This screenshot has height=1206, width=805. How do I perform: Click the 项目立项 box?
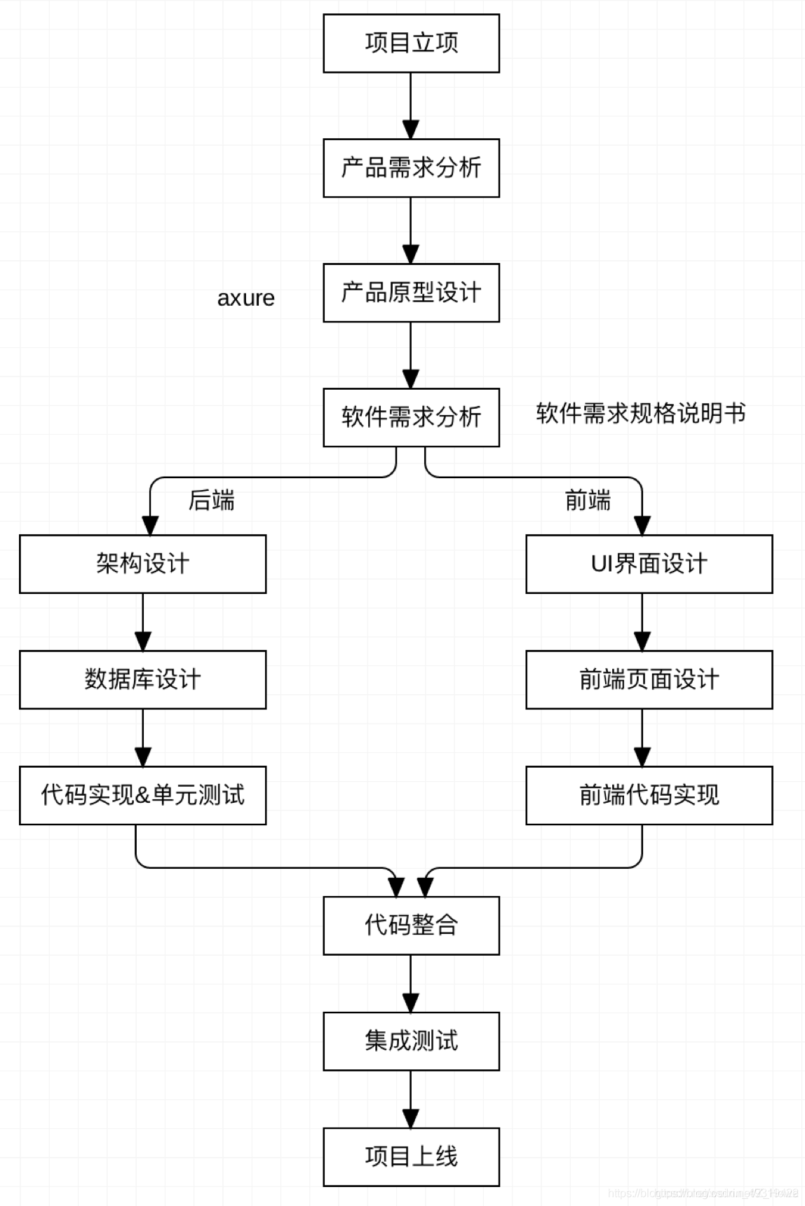(411, 43)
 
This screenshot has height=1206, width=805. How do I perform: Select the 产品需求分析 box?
(411, 168)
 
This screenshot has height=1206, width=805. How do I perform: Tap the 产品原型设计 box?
(411, 293)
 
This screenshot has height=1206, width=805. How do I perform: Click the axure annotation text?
(245, 298)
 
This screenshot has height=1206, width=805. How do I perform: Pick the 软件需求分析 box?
(411, 417)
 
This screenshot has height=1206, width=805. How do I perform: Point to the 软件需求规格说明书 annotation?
(640, 414)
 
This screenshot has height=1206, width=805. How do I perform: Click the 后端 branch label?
(211, 501)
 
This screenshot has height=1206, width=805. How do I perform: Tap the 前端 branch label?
(588, 501)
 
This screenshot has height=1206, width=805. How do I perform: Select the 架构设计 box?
(142, 564)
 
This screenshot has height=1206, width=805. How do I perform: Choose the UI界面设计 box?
(649, 564)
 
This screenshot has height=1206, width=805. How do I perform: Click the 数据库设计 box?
(142, 679)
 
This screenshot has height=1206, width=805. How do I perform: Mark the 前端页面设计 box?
(649, 679)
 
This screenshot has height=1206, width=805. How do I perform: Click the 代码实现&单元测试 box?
(142, 795)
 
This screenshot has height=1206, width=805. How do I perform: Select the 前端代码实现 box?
(649, 795)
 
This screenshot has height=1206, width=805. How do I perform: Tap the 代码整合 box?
(411, 926)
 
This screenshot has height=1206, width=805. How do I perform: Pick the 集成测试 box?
(411, 1041)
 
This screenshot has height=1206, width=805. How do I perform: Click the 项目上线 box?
(411, 1157)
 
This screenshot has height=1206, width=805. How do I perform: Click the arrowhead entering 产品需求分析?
(411, 130)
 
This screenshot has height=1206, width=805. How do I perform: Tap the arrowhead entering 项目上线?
(411, 1119)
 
